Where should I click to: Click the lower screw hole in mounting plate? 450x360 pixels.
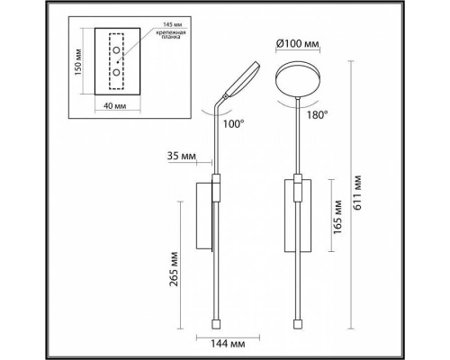(117, 71)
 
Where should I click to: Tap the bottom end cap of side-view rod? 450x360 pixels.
(217, 320)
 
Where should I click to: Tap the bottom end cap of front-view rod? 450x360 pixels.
(301, 320)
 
